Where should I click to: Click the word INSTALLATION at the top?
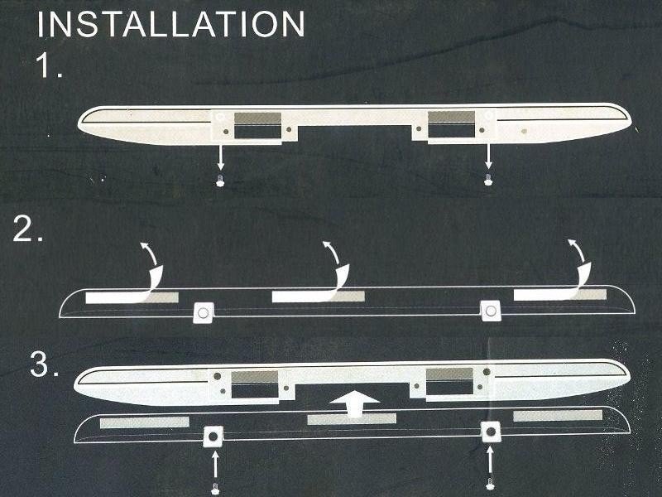[171, 24]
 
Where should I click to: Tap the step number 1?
[50, 66]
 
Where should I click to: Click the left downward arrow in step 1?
[220, 157]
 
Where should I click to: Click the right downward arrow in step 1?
[488, 157]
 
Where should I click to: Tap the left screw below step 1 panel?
[220, 180]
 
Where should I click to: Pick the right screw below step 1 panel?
[488, 179]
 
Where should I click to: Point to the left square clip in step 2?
[204, 313]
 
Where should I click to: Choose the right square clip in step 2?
[491, 311]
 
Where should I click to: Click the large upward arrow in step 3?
[355, 403]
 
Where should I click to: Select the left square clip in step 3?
[213, 437]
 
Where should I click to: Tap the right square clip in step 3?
[491, 432]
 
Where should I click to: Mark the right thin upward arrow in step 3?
[490, 461]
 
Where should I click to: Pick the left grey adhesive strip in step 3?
[144, 422]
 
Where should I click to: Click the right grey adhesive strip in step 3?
[558, 416]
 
